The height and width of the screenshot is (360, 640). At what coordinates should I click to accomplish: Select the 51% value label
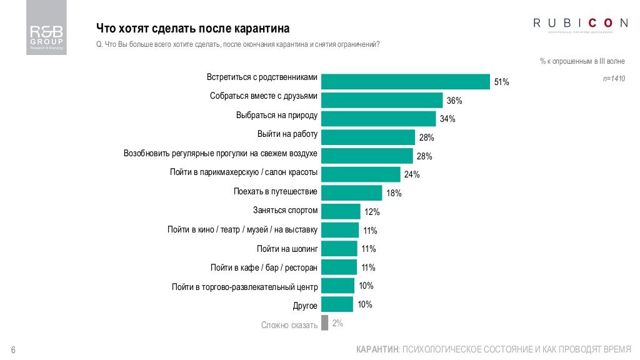pyautogui.click(x=502, y=82)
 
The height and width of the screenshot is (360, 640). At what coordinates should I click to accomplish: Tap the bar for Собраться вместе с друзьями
pyautogui.click(x=382, y=100)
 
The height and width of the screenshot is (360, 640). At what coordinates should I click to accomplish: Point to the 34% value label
pyautogui.click(x=447, y=119)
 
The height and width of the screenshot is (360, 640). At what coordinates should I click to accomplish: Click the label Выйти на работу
pyautogui.click(x=287, y=134)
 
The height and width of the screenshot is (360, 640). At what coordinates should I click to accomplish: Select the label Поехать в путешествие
pyautogui.click(x=276, y=191)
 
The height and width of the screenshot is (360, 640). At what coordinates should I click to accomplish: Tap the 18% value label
pyautogui.click(x=394, y=193)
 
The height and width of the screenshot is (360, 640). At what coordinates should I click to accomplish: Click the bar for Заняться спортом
pyautogui.click(x=341, y=211)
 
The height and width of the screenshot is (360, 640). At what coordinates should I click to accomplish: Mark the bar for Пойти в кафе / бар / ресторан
pyautogui.click(x=339, y=267)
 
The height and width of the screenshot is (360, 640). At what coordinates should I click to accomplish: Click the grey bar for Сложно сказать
pyautogui.click(x=324, y=323)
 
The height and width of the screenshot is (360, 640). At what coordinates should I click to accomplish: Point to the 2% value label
pyautogui.click(x=337, y=323)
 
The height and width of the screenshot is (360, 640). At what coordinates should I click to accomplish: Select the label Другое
pyautogui.click(x=306, y=306)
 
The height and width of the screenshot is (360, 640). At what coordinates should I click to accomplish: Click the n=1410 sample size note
pyautogui.click(x=613, y=79)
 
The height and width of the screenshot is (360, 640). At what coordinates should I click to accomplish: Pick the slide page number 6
pyautogui.click(x=13, y=349)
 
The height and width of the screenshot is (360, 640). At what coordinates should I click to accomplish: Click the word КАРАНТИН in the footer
pyautogui.click(x=377, y=349)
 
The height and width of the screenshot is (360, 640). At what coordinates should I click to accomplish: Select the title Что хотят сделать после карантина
pyautogui.click(x=192, y=29)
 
